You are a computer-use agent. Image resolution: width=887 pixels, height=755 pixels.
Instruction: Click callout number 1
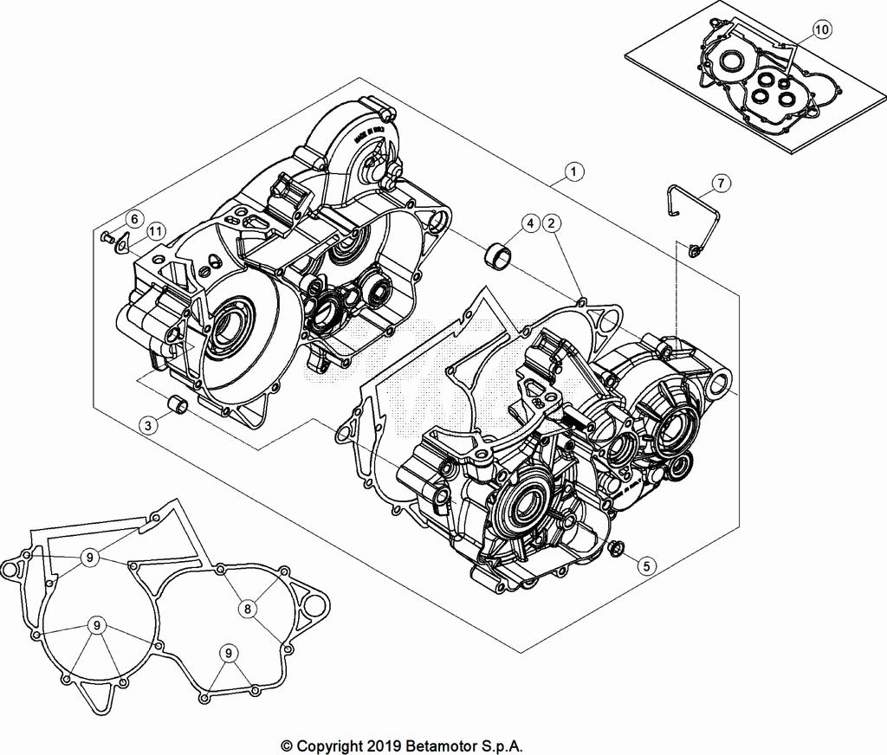point(572,172)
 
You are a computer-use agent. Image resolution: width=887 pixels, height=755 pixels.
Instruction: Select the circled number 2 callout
point(550,223)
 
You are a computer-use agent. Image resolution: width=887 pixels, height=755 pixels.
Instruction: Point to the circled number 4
point(529,223)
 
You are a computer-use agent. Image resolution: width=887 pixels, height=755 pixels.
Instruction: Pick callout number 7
point(721,183)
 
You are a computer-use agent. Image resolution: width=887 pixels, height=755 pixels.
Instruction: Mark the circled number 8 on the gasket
point(248,609)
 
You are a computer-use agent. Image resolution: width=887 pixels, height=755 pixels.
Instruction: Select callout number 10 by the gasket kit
point(821,29)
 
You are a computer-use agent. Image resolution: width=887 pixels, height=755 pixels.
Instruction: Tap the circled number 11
point(155,231)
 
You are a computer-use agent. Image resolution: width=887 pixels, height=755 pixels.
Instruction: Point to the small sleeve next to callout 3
point(176,404)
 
